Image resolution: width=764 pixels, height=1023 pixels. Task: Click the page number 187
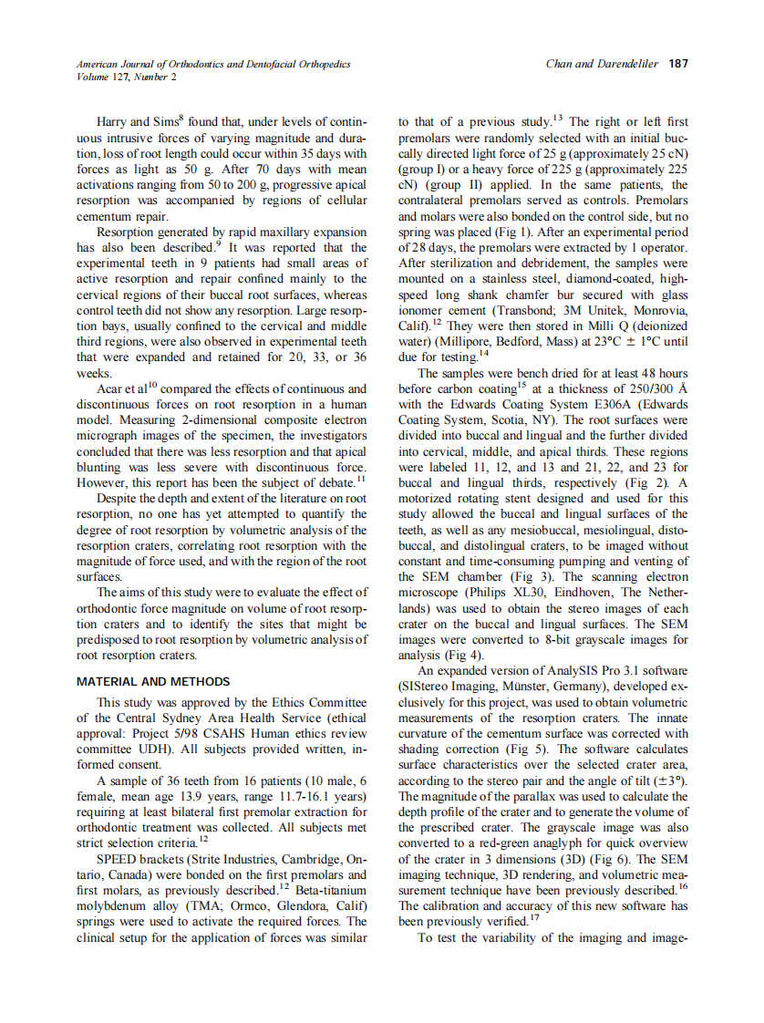676,64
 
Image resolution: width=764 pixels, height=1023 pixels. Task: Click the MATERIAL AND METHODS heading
153,681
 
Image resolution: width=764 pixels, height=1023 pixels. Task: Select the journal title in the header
213,64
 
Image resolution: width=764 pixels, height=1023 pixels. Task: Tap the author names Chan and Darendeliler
602,64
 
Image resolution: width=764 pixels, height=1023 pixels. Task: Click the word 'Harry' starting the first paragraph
113,122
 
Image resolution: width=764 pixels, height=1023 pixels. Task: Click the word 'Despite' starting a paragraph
119,498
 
